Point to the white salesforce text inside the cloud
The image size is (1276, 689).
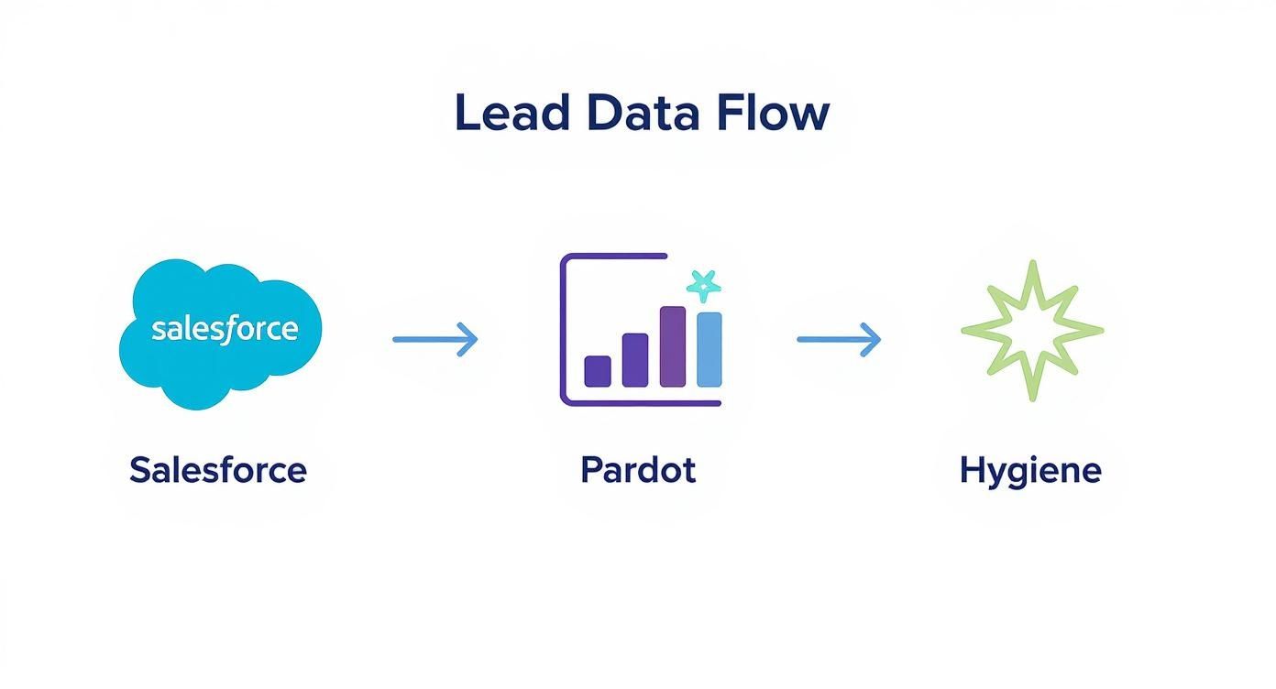pyautogui.click(x=225, y=328)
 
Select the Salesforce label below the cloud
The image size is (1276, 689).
pyautogui.click(x=218, y=470)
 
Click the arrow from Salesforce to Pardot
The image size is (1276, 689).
pyautogui.click(x=434, y=339)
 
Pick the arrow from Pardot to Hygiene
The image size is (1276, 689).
pyautogui.click(x=839, y=339)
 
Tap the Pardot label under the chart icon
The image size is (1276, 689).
pyautogui.click(x=638, y=470)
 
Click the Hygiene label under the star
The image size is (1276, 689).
pyautogui.click(x=1030, y=470)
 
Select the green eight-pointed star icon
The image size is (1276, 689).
pyautogui.click(x=1032, y=331)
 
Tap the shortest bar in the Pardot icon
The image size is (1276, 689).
pyautogui.click(x=598, y=370)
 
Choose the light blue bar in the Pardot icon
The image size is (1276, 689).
pyautogui.click(x=709, y=349)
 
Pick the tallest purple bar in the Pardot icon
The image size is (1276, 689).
pyautogui.click(x=672, y=346)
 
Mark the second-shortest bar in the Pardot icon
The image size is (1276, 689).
pyautogui.click(x=635, y=359)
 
